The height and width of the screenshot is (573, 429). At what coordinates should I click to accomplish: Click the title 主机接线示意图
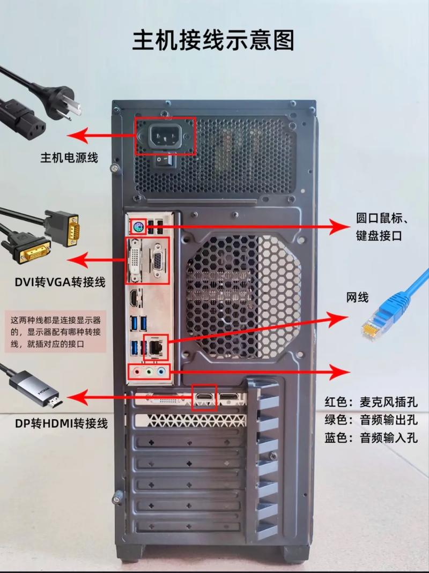click(213, 40)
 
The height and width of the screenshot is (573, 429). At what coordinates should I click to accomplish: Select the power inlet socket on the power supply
click(165, 136)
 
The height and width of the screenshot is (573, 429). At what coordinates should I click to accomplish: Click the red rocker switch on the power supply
click(165, 159)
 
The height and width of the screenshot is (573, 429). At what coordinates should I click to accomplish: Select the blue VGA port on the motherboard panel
click(158, 261)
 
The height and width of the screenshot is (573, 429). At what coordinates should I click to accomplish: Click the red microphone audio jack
click(138, 371)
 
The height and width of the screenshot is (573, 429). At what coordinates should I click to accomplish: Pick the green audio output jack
click(150, 371)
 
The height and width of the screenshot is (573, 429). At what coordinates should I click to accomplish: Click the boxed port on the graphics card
click(204, 397)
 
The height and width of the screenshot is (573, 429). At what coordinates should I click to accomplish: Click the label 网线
click(357, 297)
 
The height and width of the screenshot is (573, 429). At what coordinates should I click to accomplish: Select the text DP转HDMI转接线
click(61, 423)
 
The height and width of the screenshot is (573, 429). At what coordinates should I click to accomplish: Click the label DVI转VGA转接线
click(60, 282)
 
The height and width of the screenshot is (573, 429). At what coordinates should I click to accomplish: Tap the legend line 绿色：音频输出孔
click(371, 419)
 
